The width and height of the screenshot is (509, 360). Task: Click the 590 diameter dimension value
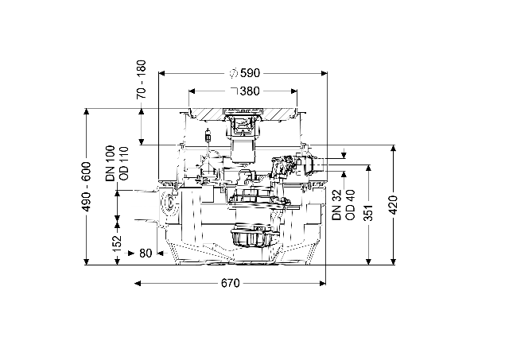coord(251,73)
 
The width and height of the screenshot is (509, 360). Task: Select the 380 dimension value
coord(250,91)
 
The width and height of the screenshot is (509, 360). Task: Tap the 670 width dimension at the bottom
coord(230,284)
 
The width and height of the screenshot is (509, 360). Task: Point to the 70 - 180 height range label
coord(142,79)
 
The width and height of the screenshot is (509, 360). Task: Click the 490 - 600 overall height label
coord(87,187)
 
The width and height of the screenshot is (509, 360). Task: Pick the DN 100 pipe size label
coord(110,163)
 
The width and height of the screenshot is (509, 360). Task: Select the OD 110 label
coord(124,164)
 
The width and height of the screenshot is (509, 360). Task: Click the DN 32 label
coord(337,205)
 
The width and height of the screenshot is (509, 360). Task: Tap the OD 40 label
coord(351,205)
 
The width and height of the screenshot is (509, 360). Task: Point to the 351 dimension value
coord(368,213)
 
